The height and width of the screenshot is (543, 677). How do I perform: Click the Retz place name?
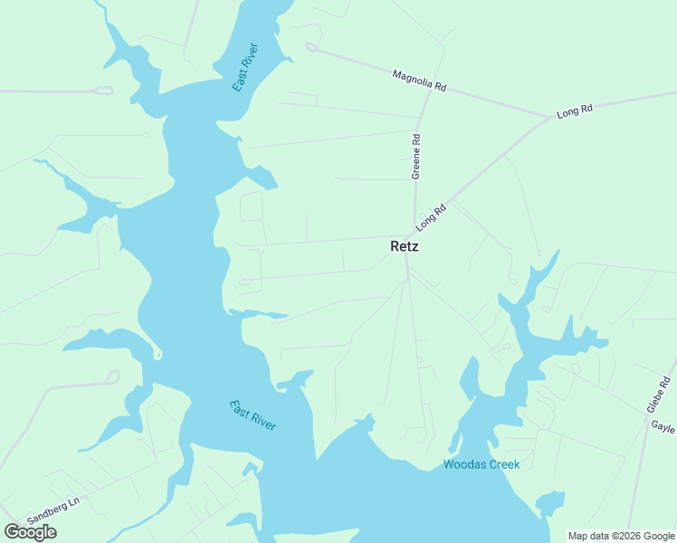[x=405, y=245]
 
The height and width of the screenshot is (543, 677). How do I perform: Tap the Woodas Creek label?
[x=482, y=465]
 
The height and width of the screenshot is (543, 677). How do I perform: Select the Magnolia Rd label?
[x=420, y=81]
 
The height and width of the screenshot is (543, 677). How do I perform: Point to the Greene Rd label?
[x=417, y=157]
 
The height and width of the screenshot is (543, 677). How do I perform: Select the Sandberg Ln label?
[x=53, y=510]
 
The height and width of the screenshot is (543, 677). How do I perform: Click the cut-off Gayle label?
[x=665, y=425]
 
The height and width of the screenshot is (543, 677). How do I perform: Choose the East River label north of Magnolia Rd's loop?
[x=245, y=67]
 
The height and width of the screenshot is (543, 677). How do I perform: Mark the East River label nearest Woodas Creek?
[x=253, y=414]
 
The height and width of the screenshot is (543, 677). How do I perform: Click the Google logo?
[x=31, y=532]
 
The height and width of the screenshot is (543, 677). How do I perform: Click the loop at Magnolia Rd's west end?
[x=312, y=47]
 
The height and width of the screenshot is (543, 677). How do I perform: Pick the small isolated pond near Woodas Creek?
[x=550, y=502]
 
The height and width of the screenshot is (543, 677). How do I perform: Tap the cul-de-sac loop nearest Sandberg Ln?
[x=113, y=376]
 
